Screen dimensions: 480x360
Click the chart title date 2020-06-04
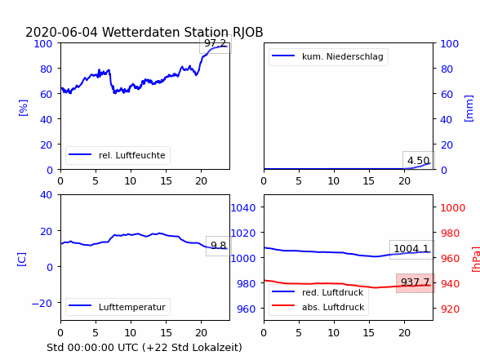pyautogui.click(x=61, y=32)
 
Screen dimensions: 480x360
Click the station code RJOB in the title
pyautogui.click(x=248, y=32)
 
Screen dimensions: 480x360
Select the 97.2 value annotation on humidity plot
pyautogui.click(x=216, y=43)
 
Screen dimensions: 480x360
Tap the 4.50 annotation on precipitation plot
pyautogui.click(x=419, y=160)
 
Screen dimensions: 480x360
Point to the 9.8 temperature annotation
pyautogui.click(x=218, y=245)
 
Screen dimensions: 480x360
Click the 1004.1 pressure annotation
pyautogui.click(x=411, y=248)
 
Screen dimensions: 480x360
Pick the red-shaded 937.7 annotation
pyautogui.click(x=416, y=282)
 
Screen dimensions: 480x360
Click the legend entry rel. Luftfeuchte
pyautogui.click(x=118, y=155)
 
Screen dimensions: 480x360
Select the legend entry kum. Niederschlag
pyautogui.click(x=328, y=56)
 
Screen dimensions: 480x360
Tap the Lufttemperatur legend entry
pyautogui.click(x=118, y=307)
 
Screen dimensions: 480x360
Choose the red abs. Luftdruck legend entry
pyautogui.click(x=318, y=307)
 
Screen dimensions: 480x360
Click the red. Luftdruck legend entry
pyautogui.click(x=318, y=292)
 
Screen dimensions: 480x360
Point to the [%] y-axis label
pyautogui.click(x=23, y=108)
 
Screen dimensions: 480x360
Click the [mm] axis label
pyautogui.click(x=469, y=109)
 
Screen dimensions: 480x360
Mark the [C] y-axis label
pyautogui.click(x=21, y=260)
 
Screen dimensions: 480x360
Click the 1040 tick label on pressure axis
pyautogui.click(x=243, y=208)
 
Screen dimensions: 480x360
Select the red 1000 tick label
pyautogui.click(x=453, y=208)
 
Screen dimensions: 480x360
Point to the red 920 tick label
pyautogui.click(x=450, y=309)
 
